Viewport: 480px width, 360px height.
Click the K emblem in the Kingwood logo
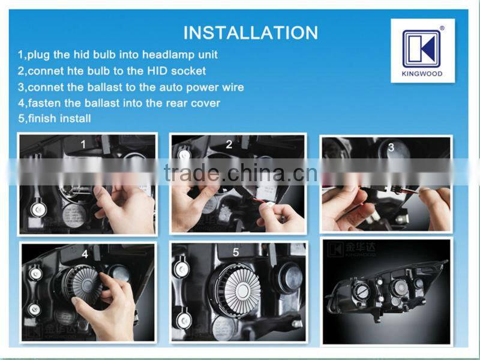click(x=421, y=49)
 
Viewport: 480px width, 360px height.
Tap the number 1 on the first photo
click(x=84, y=144)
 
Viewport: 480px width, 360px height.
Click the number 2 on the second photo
click(x=229, y=144)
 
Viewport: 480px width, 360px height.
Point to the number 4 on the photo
click(x=85, y=254)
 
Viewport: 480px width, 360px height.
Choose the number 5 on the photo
click(x=235, y=253)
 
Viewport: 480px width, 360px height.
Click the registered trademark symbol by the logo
click(x=442, y=27)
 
